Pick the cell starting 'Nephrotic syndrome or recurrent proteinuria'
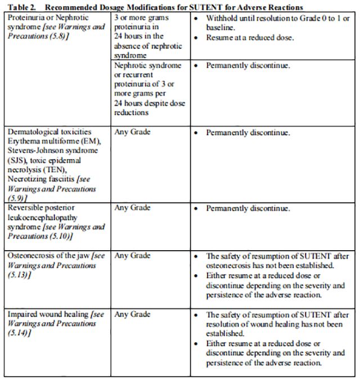pyautogui.click(x=150, y=89)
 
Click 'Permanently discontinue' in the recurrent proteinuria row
pyautogui.click(x=247, y=66)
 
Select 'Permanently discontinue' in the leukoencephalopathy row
pyautogui.click(x=247, y=209)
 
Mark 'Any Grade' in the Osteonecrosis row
pyautogui.click(x=132, y=255)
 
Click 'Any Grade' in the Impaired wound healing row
pyautogui.click(x=132, y=315)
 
